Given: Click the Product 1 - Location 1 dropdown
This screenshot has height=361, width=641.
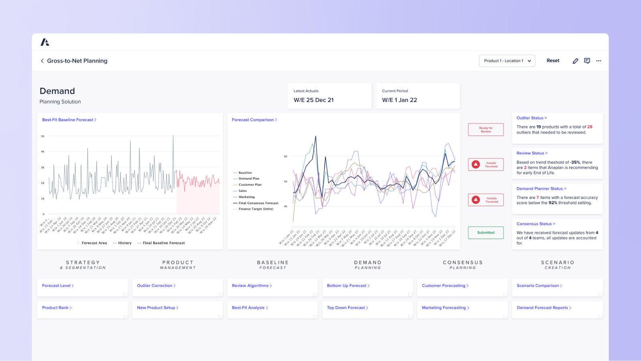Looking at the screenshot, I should point(507,61).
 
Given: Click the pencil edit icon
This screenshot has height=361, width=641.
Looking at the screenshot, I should point(575,61).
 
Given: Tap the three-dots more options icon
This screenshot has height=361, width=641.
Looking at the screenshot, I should point(599,61).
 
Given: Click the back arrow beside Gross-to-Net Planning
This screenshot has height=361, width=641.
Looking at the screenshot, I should point(42,61).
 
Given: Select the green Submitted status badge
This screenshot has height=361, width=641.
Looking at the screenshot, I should point(486,233).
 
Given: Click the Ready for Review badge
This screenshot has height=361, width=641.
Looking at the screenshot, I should point(486,130).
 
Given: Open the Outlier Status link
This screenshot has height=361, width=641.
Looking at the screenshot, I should point(531,118).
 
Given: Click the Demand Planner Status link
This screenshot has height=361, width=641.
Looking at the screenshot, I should point(541,189).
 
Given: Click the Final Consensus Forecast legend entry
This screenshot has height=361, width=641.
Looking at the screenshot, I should point(258,203).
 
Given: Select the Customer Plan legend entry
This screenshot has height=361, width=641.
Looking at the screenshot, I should point(250,185).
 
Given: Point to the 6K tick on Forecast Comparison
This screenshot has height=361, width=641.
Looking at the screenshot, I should point(285,156).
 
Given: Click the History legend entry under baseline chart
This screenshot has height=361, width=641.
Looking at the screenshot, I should point(124,243).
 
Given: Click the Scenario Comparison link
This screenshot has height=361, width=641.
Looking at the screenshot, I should point(539,286).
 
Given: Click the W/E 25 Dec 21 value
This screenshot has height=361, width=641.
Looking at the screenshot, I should point(313,100).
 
